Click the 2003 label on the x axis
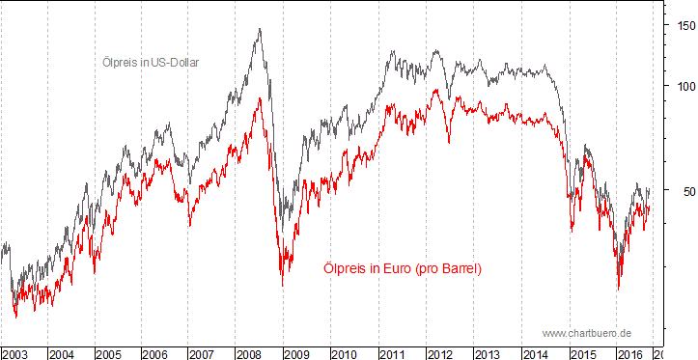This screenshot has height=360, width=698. pos(14,354)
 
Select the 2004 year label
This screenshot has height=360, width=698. pos(62,354)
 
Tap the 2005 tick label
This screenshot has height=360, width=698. pos(108,354)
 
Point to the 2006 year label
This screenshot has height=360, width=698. pos(155,354)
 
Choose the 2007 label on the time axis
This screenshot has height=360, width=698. pos(202,354)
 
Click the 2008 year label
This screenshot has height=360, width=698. pos(249,354)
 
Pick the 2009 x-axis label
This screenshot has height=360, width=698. pos(296,354)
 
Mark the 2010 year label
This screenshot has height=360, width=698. pos(343,354)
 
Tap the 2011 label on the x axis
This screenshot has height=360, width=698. pos(390,354)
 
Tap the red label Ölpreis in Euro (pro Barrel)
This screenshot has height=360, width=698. pos(401,268)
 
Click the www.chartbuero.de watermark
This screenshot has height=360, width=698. pos(586,332)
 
